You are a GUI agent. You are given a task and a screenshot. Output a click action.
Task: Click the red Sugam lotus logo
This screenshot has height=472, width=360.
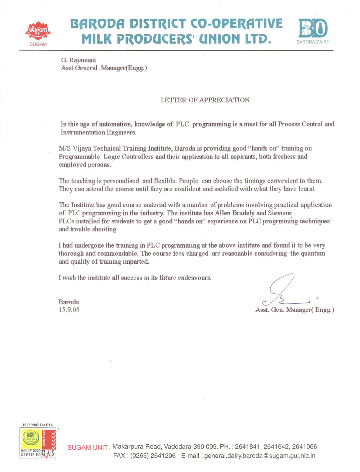38,31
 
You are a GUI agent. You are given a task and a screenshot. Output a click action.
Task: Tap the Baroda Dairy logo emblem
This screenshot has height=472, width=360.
313,28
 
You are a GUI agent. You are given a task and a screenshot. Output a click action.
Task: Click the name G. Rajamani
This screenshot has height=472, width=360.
78,60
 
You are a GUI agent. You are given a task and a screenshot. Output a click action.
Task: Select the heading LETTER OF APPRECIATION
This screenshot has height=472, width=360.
205,100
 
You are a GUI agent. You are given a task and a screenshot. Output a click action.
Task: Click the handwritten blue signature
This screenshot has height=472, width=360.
284,290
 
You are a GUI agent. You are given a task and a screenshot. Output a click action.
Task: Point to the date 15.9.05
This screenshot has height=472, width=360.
69,310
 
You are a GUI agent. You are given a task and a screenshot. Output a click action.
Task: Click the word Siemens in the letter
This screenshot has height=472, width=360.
280,213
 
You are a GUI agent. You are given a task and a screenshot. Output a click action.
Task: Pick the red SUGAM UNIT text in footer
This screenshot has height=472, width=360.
87,447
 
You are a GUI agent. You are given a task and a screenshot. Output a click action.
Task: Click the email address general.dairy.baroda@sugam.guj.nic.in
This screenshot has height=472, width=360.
260,456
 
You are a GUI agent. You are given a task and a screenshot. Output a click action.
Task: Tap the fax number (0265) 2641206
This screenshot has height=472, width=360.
153,456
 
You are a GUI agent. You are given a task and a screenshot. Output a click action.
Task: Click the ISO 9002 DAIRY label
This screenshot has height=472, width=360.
38,425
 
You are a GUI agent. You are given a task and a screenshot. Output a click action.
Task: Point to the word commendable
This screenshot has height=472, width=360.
117,253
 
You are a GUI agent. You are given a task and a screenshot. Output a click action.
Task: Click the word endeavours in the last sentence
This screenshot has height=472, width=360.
194,278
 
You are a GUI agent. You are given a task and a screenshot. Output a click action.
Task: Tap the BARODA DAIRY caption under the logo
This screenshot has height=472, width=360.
313,42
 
